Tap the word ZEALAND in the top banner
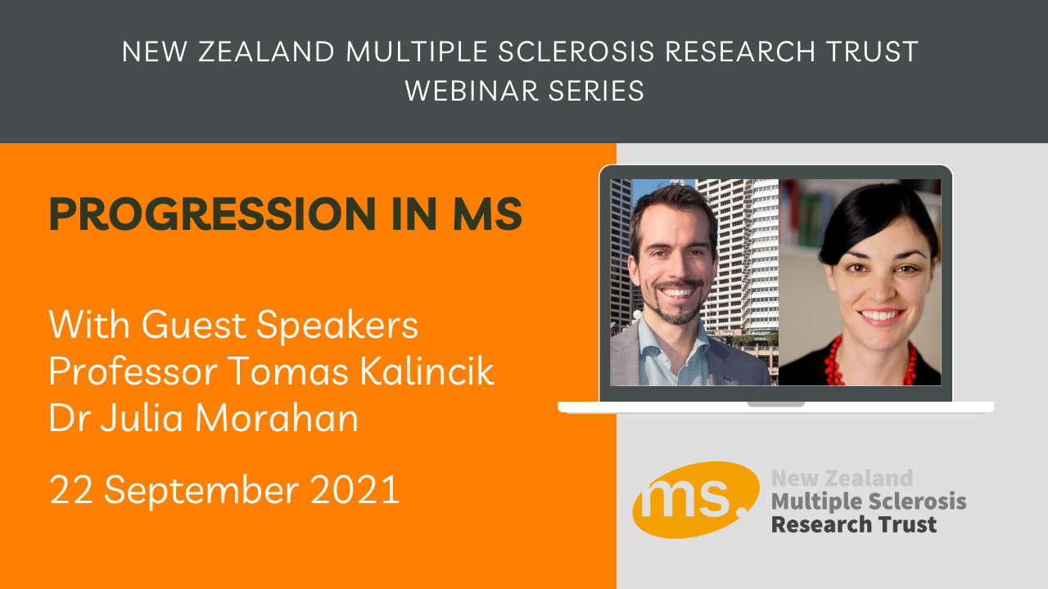267,52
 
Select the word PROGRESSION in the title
212,214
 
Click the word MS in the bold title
487,214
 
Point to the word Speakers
337,325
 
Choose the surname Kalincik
427,371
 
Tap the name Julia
142,417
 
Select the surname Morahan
277,417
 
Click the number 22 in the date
71,489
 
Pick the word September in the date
201,491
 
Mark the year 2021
355,489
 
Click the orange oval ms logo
696,500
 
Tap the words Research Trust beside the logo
854,524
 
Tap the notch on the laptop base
775,404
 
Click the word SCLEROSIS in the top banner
576,52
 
